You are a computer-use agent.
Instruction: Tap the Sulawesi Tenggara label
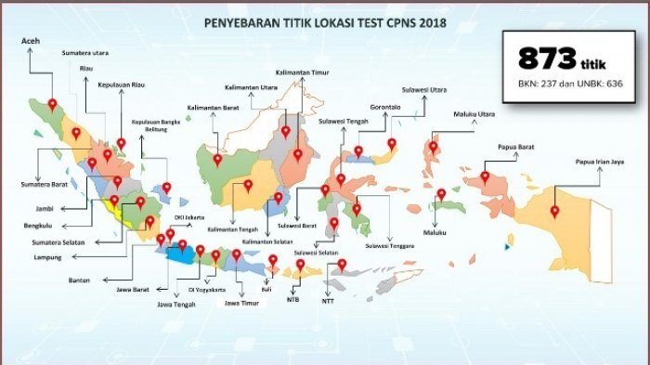[389, 245]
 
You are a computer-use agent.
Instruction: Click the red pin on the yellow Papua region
[554, 210]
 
